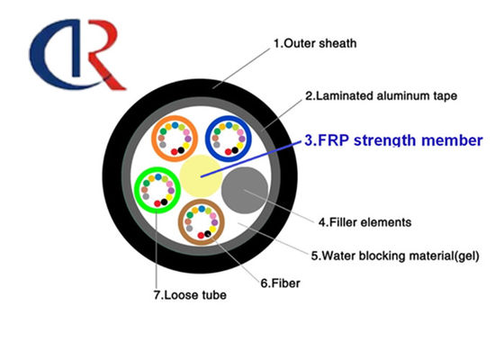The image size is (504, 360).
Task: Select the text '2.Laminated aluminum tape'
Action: coord(381,94)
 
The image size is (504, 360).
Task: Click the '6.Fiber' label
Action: coord(280,283)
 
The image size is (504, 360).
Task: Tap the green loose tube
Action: coord(155,192)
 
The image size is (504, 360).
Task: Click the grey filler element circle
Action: coord(243,190)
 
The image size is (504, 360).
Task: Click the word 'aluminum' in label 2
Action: coord(393,94)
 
